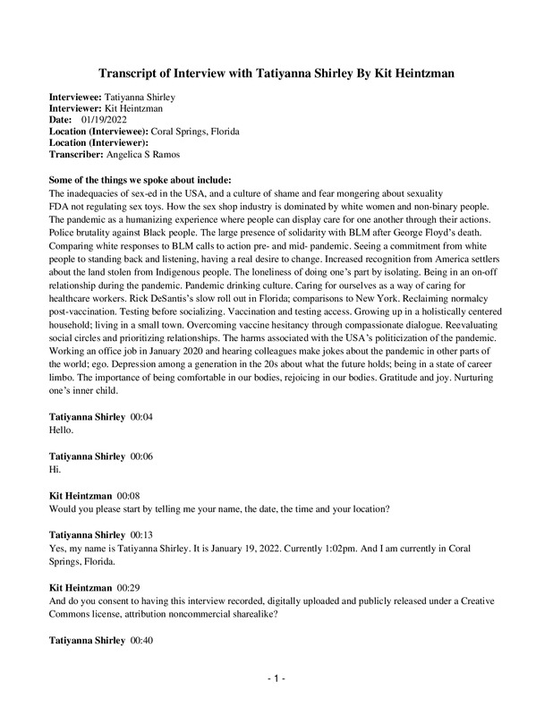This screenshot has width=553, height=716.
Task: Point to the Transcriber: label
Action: pyautogui.click(x=76, y=153)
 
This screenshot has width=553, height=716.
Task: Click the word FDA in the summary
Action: pyautogui.click(x=60, y=205)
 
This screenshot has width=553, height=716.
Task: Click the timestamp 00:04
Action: pyautogui.click(x=143, y=418)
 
